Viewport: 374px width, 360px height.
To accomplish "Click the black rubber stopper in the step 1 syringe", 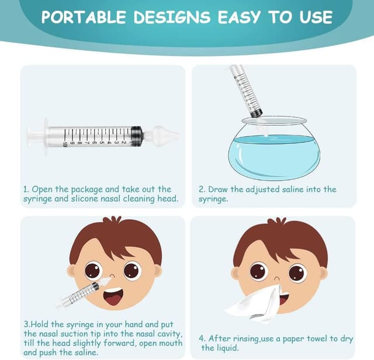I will [x=137, y=136].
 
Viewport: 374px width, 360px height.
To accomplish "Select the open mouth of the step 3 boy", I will [x=113, y=297].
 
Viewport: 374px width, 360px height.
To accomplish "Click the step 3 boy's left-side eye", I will [x=92, y=270].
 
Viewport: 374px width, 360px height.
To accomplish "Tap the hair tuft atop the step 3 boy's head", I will [x=112, y=222].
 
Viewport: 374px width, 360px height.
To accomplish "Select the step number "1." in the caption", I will [x=26, y=189].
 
